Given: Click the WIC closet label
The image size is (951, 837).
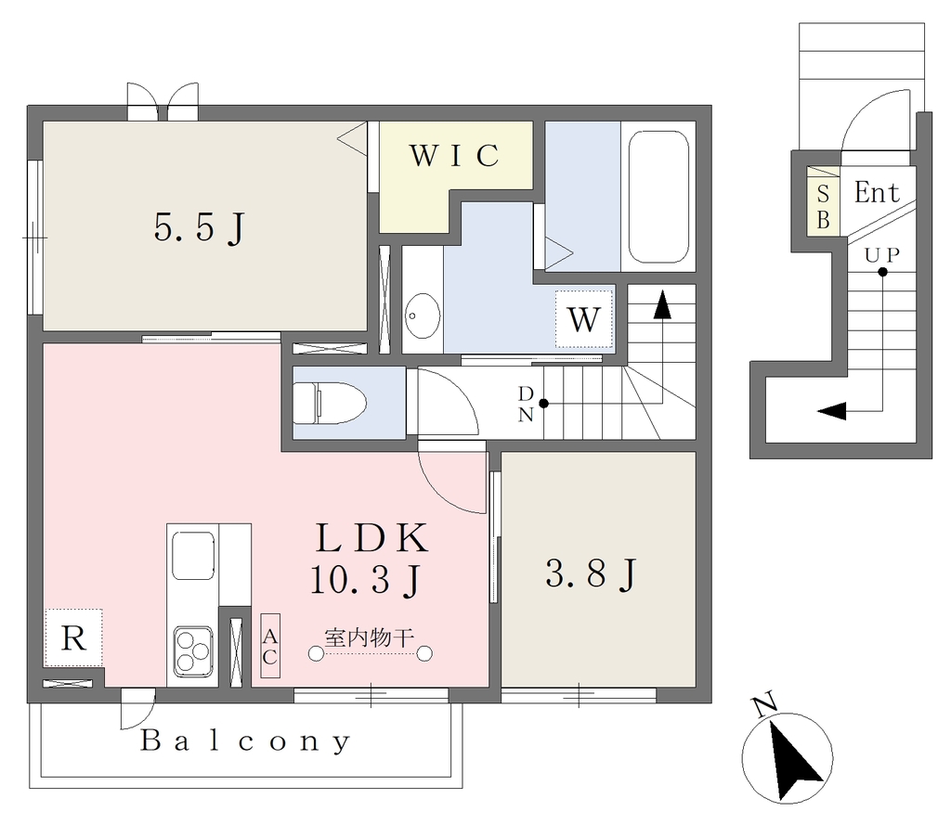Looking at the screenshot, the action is pos(455,156).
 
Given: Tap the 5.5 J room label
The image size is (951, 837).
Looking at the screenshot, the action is pos(200,228).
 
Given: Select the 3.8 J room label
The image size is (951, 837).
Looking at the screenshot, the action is pos(591,573).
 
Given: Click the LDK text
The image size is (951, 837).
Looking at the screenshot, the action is pos(371,537).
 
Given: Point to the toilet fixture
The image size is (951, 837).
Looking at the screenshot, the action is pos(330,403).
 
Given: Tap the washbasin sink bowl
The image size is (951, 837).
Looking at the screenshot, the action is pos(423,315).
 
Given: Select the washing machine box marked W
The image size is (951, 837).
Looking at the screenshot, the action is pos(584,319).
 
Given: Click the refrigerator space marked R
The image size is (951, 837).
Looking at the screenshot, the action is pos(73,637).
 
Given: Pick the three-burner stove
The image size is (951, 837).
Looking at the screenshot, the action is pos(193,650).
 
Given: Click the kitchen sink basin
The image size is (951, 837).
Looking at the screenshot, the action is pos(193,555).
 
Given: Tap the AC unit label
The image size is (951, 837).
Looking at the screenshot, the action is pos(270,646).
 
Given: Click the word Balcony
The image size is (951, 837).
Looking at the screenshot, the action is pos(245,741).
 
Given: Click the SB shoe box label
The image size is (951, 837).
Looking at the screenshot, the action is pos(823,207).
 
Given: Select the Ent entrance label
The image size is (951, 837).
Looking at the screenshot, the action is pos(877,193).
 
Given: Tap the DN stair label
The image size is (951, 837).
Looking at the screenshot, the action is pos(526,404).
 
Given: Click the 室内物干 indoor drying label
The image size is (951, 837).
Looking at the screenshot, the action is pos(370,637).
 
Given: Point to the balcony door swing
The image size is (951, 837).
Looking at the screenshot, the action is pos(137,709).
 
